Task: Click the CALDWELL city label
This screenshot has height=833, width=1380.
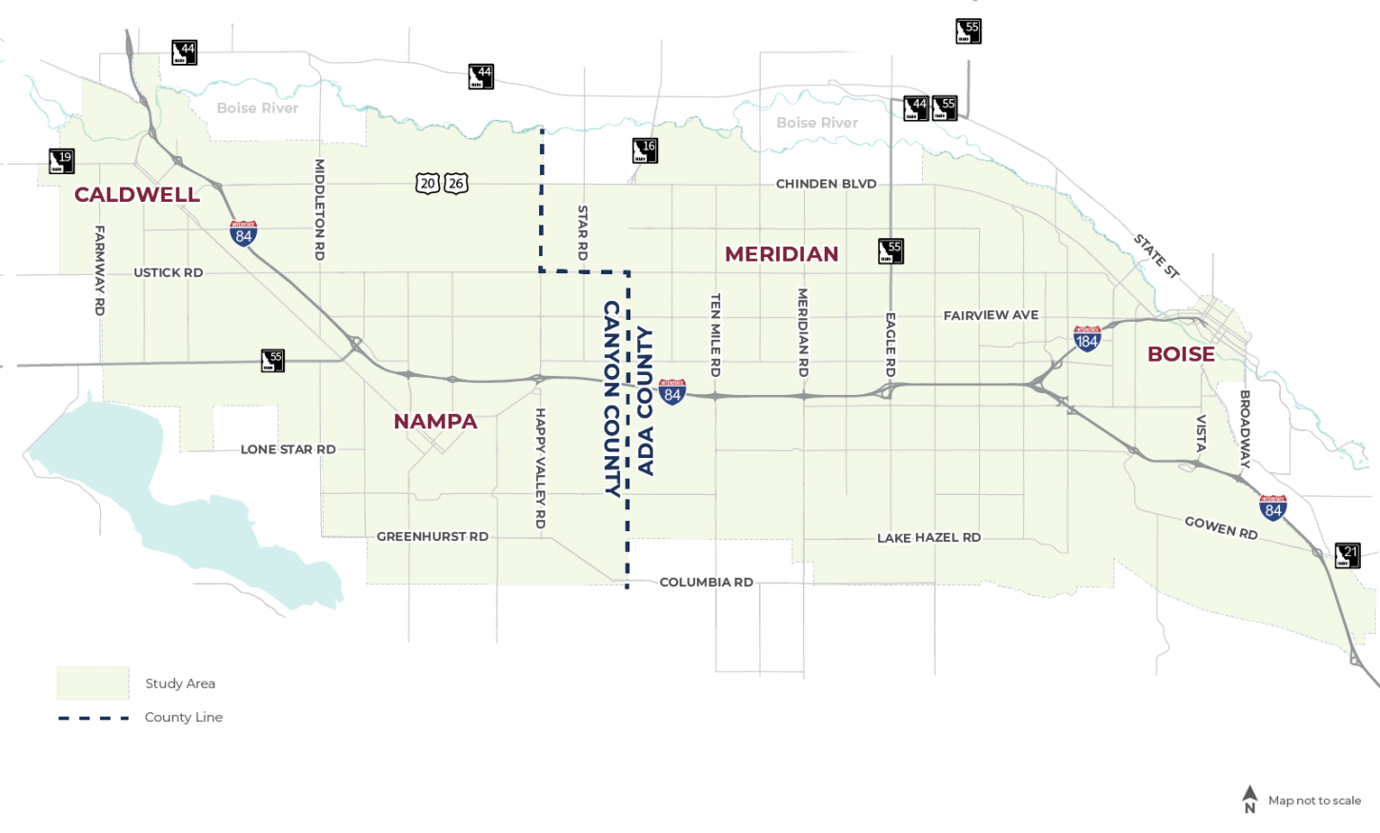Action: (x=137, y=195)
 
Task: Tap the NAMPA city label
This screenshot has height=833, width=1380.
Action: (x=435, y=422)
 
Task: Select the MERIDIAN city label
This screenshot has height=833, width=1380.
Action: (x=781, y=254)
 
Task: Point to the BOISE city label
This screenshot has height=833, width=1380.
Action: (x=1180, y=354)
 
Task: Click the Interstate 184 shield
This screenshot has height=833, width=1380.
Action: (x=1087, y=338)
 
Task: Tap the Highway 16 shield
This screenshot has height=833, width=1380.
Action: (x=645, y=150)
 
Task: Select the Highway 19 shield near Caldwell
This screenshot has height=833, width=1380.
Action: (x=62, y=161)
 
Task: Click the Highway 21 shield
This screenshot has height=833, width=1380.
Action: (x=1348, y=555)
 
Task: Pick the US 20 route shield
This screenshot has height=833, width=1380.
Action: (x=428, y=184)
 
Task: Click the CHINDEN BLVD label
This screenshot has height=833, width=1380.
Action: (x=826, y=184)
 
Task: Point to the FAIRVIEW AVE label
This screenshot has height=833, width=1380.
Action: (x=990, y=315)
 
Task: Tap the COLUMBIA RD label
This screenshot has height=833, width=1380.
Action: (x=706, y=583)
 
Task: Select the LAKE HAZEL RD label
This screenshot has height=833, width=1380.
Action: (x=929, y=538)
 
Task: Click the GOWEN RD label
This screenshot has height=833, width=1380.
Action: (x=1221, y=527)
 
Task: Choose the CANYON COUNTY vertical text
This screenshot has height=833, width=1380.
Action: (x=611, y=398)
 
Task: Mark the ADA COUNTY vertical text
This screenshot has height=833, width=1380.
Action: (x=646, y=401)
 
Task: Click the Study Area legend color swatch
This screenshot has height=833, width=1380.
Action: (x=92, y=684)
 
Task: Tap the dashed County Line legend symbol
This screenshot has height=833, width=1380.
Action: (x=93, y=718)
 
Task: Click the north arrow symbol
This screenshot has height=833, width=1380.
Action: (x=1250, y=798)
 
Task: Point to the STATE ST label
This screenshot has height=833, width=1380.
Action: (x=1156, y=255)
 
